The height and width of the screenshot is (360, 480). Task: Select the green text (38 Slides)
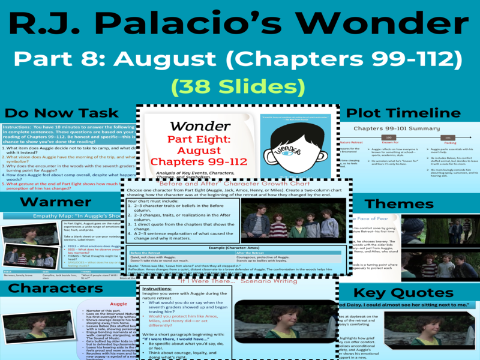point(239,86)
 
